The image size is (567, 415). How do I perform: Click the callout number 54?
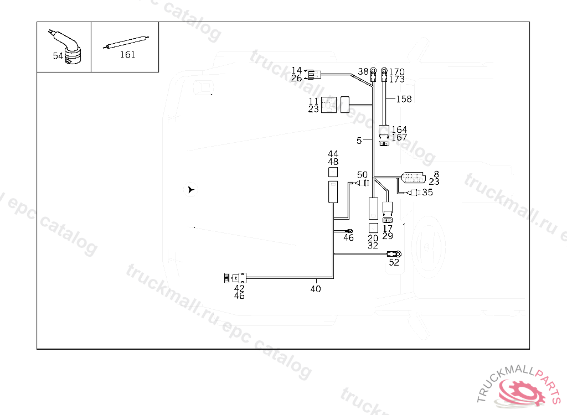(58, 56)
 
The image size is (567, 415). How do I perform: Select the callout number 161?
(127, 55)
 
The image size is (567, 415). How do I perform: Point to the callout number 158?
(404, 99)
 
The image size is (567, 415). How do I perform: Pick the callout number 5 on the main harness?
(359, 141)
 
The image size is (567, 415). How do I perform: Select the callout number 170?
(397, 72)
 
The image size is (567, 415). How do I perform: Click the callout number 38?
(363, 71)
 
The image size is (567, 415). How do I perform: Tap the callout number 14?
(297, 70)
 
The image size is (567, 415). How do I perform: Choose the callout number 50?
(362, 175)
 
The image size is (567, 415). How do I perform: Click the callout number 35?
(427, 193)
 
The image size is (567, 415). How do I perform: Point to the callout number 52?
(394, 262)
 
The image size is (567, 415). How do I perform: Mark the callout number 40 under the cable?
(315, 289)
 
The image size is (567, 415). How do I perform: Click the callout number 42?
(239, 288)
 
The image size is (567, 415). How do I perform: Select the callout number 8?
(436, 174)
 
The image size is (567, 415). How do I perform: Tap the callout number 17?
(388, 229)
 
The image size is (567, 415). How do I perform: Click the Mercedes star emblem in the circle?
(190, 190)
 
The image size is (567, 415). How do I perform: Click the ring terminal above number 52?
(396, 254)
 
